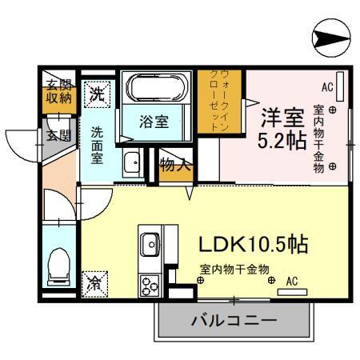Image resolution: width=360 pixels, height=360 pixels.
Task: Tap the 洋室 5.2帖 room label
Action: coord(282,127)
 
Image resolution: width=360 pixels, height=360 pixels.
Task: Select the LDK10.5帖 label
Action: coord(247,242)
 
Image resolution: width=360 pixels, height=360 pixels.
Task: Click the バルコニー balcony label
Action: coord(233,322)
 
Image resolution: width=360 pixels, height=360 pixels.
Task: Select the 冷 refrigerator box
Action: coord(94,282)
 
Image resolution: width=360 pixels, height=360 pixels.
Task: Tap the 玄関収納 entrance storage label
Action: coord(57,91)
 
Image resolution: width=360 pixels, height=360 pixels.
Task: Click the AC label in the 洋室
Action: coord(327,86)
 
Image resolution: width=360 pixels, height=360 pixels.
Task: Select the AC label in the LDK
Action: coord(292,280)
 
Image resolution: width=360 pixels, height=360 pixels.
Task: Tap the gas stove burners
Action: coord(150,284)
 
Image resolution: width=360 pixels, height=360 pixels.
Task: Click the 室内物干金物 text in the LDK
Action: coord(234,270)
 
